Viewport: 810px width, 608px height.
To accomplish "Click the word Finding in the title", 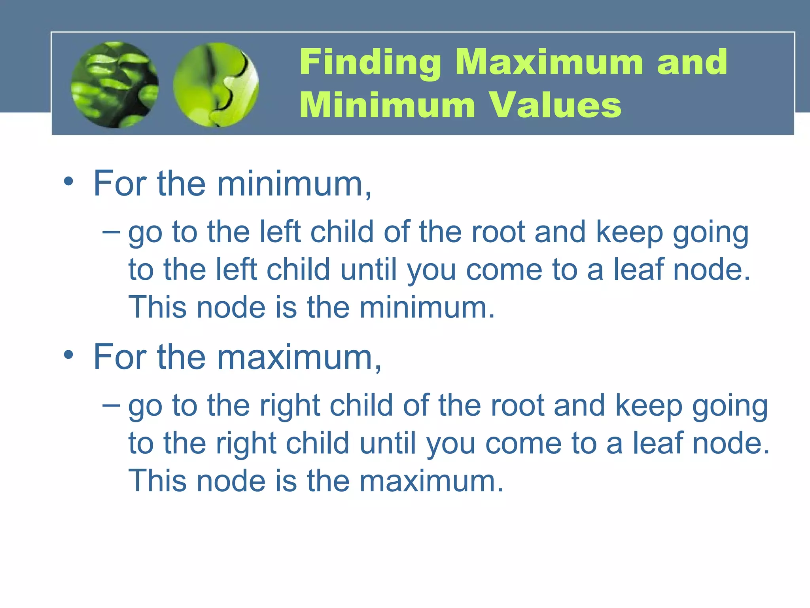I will tap(370, 62).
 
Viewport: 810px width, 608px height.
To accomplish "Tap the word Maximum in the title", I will tap(549, 62).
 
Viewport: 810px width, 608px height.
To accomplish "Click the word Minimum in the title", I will tap(387, 105).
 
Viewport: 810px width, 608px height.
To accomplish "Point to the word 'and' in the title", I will tap(692, 62).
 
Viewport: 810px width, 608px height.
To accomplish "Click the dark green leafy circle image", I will tap(115, 85).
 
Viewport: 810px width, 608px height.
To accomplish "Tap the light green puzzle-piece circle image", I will tap(216, 85).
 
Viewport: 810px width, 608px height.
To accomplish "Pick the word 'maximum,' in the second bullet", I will tap(299, 357).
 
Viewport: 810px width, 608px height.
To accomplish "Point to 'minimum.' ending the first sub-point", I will tap(427, 307).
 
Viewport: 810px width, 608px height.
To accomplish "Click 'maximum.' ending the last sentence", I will tap(431, 481).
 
